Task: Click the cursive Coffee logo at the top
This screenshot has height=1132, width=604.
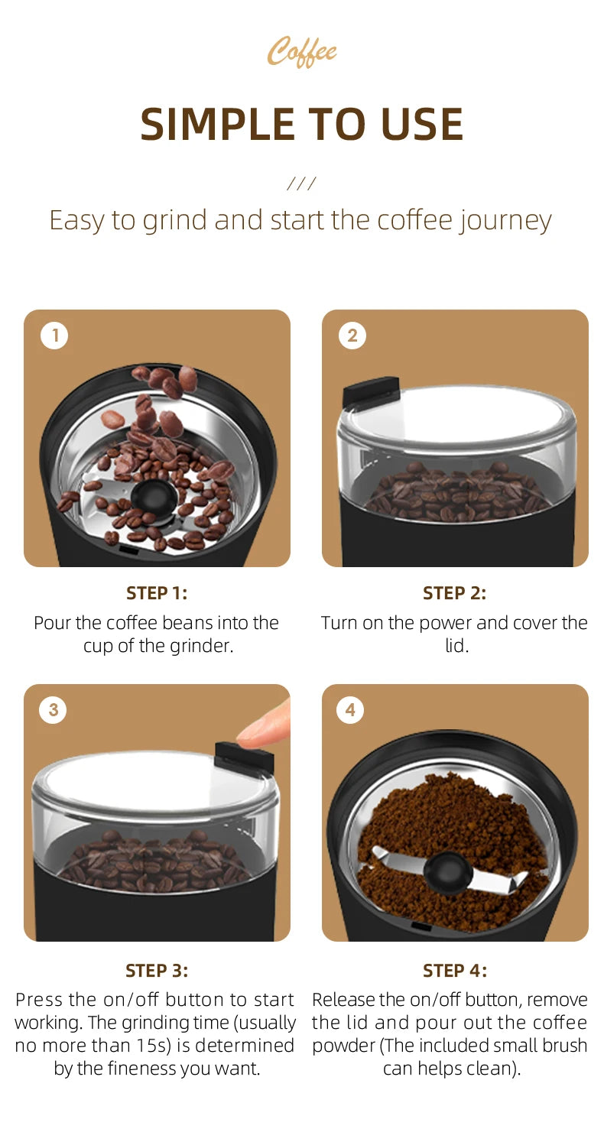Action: pos(302,52)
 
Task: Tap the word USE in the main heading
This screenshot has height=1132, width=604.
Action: pos(420,124)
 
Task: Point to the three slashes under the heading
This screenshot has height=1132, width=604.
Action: pos(301,183)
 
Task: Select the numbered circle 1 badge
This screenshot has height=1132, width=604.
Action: pos(54,336)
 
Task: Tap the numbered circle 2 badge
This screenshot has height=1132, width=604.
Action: pos(352,336)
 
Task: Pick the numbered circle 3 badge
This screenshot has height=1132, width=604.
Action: pos(54,710)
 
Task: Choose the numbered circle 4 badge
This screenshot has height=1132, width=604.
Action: pos(350,710)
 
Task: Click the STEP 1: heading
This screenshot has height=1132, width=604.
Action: pos(157,593)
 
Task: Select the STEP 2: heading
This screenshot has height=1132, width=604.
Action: pos(454,593)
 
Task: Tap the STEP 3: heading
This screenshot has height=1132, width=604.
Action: pos(157,971)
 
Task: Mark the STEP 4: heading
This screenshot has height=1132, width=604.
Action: pos(454,971)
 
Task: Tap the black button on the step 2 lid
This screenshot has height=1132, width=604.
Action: pos(371,392)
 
